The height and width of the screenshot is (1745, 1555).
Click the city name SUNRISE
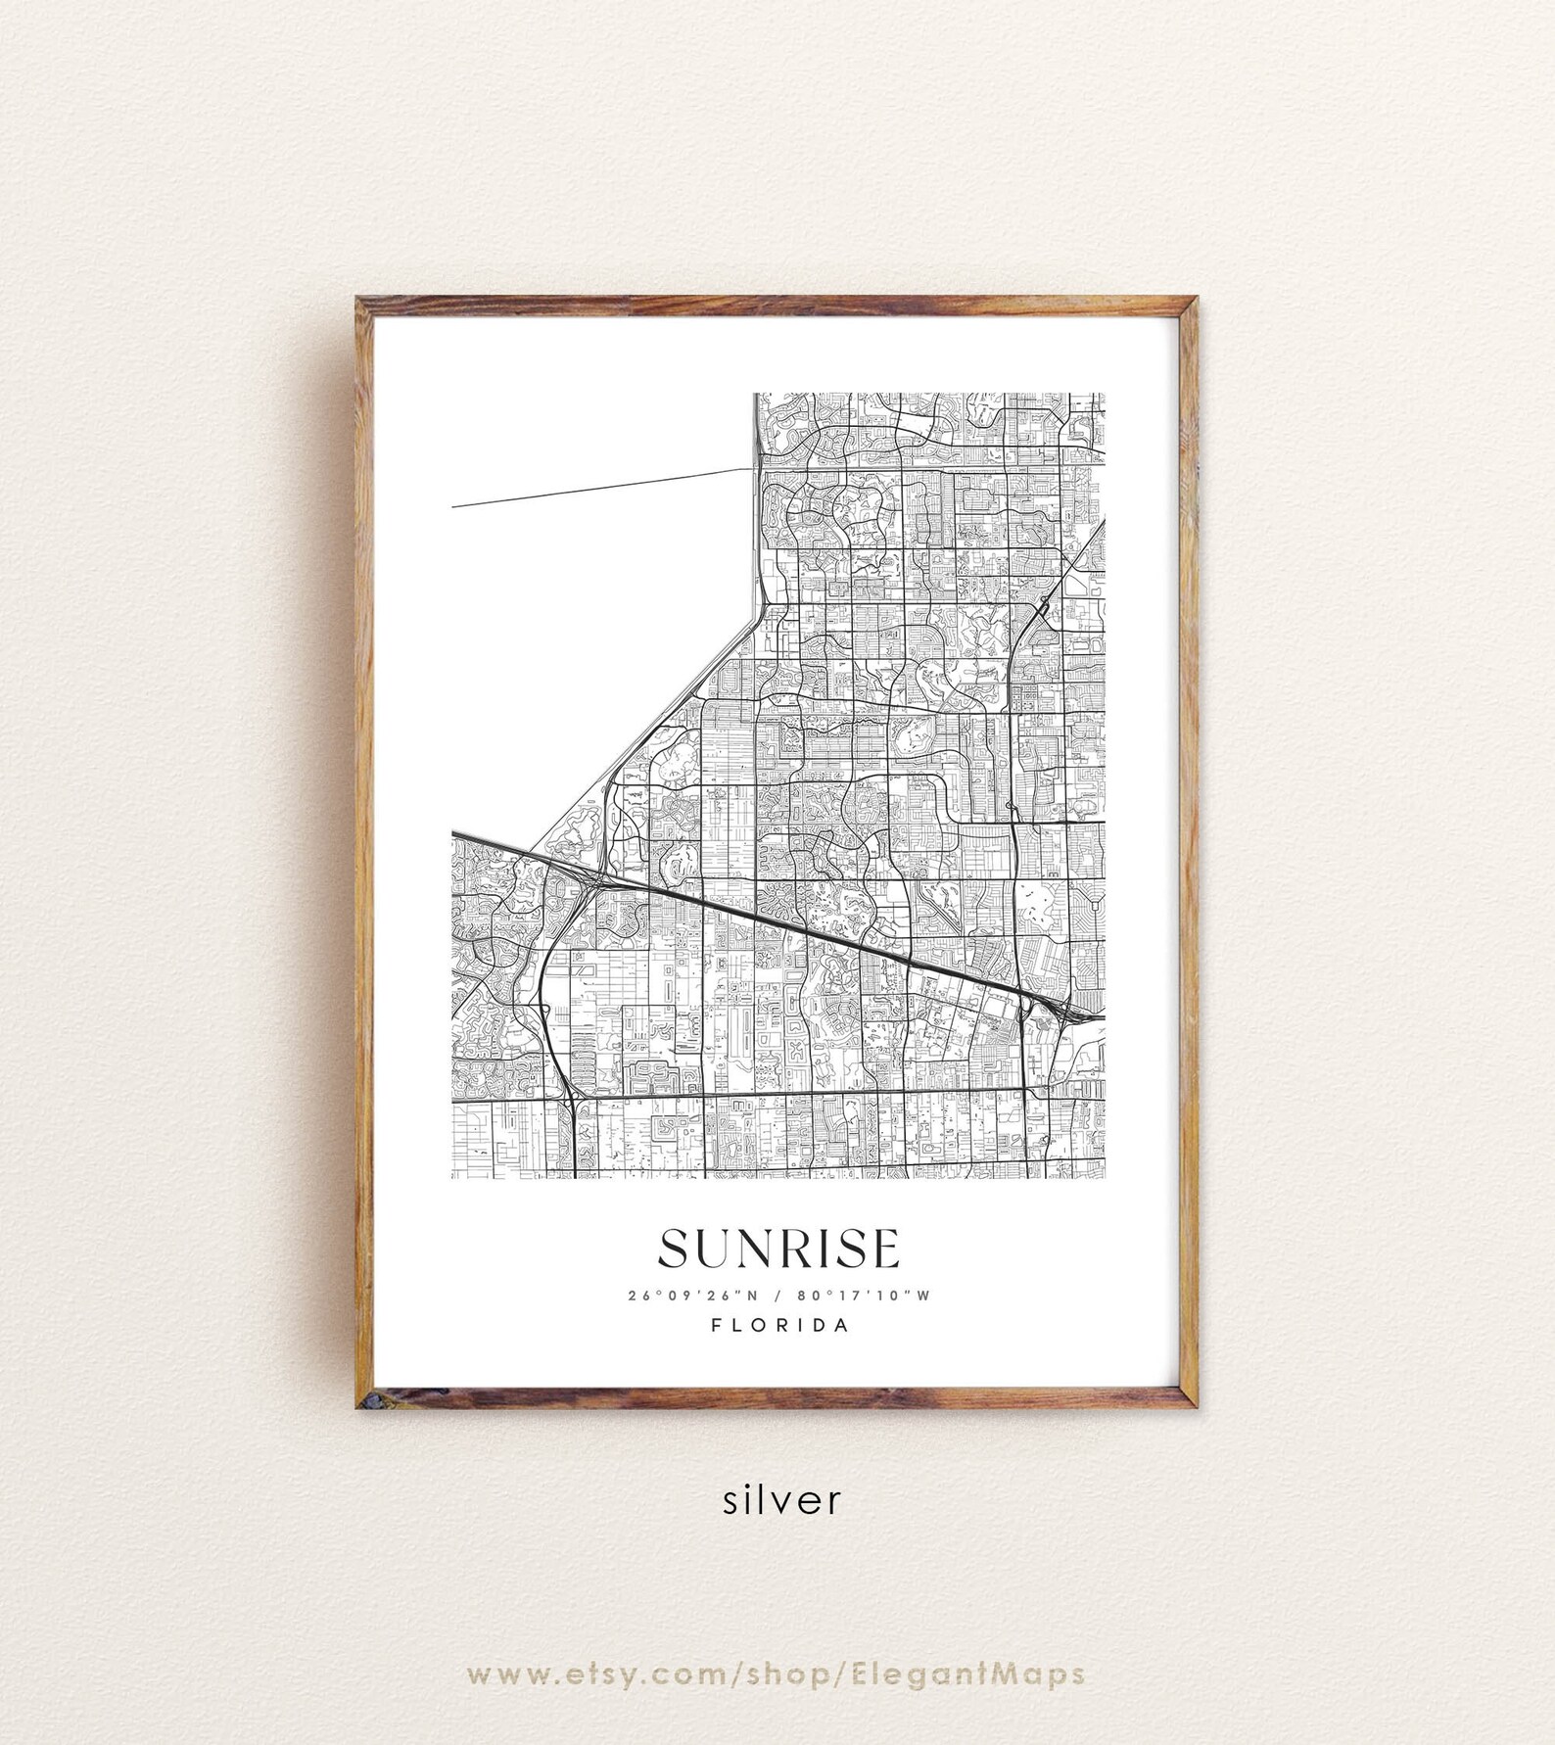[x=778, y=1249]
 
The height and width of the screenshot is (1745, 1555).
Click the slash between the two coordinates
[x=778, y=1296]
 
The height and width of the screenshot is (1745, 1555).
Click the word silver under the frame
[x=781, y=1500]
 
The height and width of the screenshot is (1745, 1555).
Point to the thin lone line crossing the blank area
[x=597, y=488]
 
